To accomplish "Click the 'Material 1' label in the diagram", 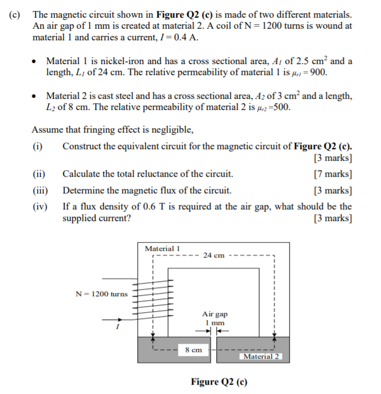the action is click(162, 249).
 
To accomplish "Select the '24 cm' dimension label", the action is click(213, 255).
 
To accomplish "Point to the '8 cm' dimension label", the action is click(194, 349).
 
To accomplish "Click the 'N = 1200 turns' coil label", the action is click(101, 293).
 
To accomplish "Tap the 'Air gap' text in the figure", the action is click(215, 314).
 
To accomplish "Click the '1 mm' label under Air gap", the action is click(215, 322).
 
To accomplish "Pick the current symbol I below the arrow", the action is click(117, 328).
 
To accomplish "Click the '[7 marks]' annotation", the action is click(332, 174).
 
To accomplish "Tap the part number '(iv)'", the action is click(40, 207).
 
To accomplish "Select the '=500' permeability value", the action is click(279, 107).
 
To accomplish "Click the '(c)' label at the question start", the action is click(16, 13).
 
